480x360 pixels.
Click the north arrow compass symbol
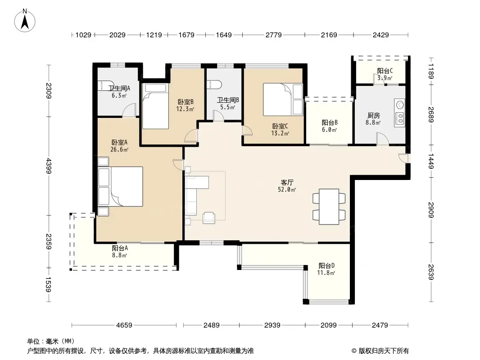(x=25, y=21)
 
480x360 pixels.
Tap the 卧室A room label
(x=119, y=143)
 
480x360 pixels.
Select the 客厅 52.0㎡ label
(x=287, y=186)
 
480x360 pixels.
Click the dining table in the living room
(x=329, y=207)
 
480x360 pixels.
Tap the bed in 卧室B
(x=156, y=106)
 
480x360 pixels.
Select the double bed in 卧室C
(x=283, y=100)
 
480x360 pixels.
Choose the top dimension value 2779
(x=273, y=35)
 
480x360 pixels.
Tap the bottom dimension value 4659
(x=124, y=325)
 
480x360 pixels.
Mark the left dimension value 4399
(x=48, y=166)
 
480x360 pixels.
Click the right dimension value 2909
(x=431, y=210)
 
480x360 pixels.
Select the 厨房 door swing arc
(x=383, y=139)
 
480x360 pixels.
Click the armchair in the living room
(x=209, y=217)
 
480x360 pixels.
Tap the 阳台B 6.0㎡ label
(x=330, y=126)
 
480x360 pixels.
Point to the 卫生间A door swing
(x=129, y=110)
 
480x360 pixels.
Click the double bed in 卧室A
(x=121, y=187)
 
